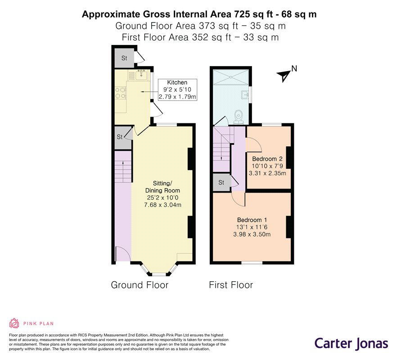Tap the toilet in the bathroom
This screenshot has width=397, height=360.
[x=238, y=117]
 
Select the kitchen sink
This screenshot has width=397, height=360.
[x=141, y=75]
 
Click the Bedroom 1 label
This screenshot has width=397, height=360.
[x=252, y=220]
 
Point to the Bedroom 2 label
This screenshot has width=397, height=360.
[x=267, y=159]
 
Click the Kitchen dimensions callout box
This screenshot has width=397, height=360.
[x=177, y=90]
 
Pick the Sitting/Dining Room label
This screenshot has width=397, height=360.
[x=162, y=187]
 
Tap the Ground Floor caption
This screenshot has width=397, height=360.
[x=140, y=285]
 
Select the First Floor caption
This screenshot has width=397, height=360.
[x=231, y=285]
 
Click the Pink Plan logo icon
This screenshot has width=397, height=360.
[x=14, y=323]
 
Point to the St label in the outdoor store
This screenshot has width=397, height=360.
[x=124, y=58]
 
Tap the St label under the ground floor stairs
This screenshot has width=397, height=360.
[x=120, y=137]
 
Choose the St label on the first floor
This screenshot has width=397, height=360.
[x=221, y=182]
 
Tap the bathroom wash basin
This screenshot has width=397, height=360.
[x=245, y=94]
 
